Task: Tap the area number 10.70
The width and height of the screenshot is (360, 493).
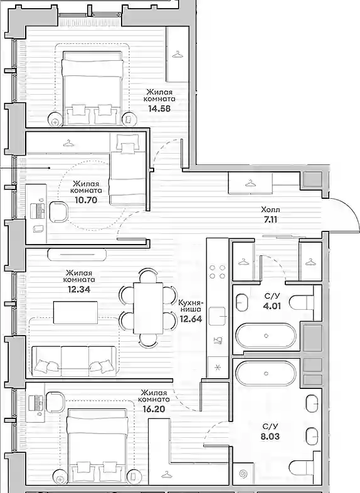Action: pyautogui.click(x=86, y=200)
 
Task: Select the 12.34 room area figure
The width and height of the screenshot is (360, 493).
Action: pyautogui.click(x=78, y=289)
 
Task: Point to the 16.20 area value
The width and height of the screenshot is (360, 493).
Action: pyautogui.click(x=154, y=409)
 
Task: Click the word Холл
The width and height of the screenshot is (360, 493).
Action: pyautogui.click(x=270, y=209)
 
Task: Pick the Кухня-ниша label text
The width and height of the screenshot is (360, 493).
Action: pyautogui.click(x=191, y=307)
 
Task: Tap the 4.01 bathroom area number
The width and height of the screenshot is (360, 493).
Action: pyautogui.click(x=272, y=305)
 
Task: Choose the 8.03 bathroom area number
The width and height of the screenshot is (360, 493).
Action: pyautogui.click(x=270, y=437)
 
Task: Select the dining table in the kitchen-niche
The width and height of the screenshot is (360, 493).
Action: pyautogui.click(x=148, y=309)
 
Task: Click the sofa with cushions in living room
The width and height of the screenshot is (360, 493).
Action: pyautogui.click(x=74, y=361)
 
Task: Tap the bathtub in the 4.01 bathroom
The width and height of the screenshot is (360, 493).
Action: pyautogui.click(x=266, y=336)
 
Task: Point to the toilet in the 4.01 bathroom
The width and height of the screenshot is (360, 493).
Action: pyautogui.click(x=302, y=303)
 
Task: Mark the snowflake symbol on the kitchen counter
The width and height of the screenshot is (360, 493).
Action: pyautogui.click(x=217, y=366)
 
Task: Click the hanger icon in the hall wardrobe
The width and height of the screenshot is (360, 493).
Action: pyautogui.click(x=251, y=182)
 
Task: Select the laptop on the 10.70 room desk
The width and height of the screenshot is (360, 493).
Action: pyautogui.click(x=38, y=211)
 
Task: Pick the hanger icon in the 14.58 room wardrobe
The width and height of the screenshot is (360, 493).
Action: pyautogui.click(x=177, y=55)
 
